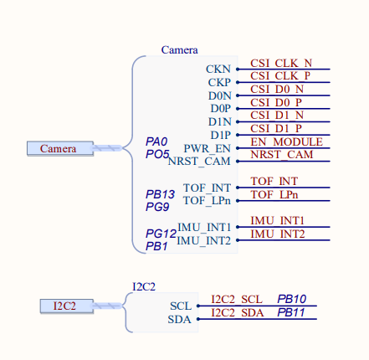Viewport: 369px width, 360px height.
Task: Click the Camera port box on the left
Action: coord(59,148)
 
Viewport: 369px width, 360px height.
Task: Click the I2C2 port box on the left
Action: coord(66,306)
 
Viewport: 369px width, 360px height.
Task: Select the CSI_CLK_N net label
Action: coord(281,63)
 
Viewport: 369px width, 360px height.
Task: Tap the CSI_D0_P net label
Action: coord(276,102)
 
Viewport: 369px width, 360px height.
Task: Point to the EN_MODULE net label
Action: coord(286,141)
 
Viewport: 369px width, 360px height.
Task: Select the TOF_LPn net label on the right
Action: coord(274,194)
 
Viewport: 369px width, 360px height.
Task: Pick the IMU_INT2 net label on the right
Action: coord(278,234)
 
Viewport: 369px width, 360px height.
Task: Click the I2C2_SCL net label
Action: coord(237,299)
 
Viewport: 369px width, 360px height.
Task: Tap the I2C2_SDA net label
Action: coord(237,312)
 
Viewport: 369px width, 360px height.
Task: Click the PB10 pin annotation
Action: coord(291,299)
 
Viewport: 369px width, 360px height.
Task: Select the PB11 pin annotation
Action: coord(291,312)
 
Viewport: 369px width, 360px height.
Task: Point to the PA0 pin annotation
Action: coord(156,141)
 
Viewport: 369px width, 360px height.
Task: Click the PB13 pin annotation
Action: coord(160,194)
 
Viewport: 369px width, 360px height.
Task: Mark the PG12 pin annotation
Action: coord(160,234)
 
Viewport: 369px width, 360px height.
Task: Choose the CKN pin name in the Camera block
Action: coord(218,69)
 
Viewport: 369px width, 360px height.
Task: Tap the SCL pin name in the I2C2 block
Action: coord(181,306)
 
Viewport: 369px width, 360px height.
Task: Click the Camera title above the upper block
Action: coord(179,50)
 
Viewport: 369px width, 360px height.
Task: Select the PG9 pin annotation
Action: coord(157,206)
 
